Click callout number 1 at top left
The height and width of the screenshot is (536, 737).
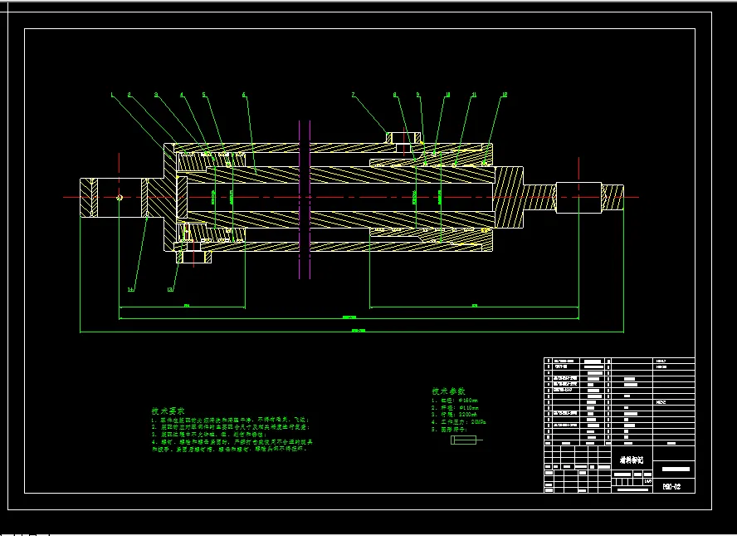pos(111,94)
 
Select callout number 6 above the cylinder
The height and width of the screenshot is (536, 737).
pos(244,95)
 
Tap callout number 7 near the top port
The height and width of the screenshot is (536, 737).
pos(353,95)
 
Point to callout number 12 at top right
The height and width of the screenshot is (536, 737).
pos(504,95)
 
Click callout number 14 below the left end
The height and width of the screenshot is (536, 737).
pos(130,289)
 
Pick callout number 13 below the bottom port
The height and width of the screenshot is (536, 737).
pos(171,289)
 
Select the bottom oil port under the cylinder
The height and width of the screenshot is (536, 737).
pos(194,255)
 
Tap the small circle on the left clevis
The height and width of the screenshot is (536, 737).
pos(120,197)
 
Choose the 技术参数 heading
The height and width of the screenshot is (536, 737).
pos(448,391)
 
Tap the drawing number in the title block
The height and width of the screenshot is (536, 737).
pos(673,484)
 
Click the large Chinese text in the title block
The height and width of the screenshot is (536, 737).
pos(632,459)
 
